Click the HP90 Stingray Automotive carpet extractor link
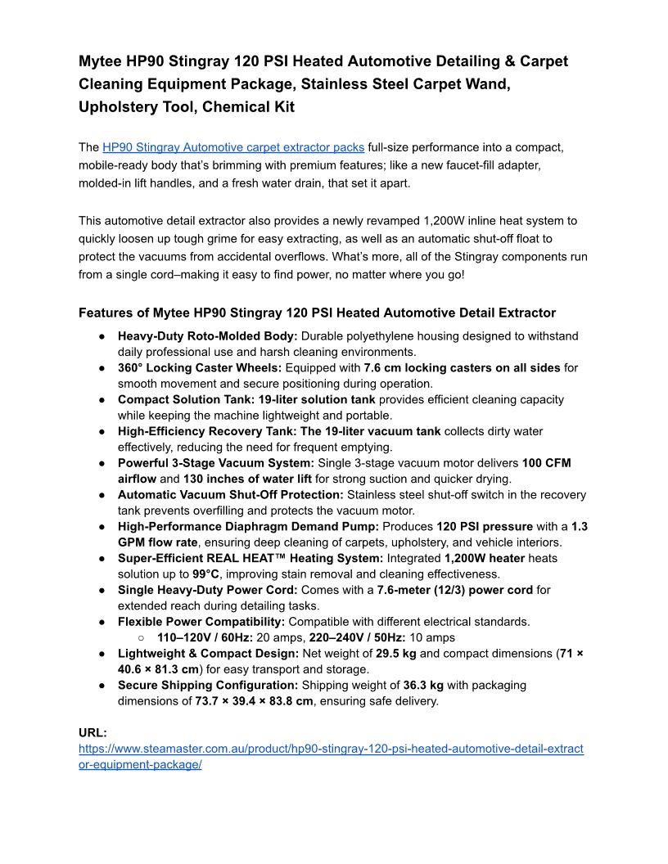pos(233,147)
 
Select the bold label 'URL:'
pos(93,733)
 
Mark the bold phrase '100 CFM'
pos(548,463)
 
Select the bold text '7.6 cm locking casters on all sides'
pos(462,368)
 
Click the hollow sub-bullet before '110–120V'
pos(141,637)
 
